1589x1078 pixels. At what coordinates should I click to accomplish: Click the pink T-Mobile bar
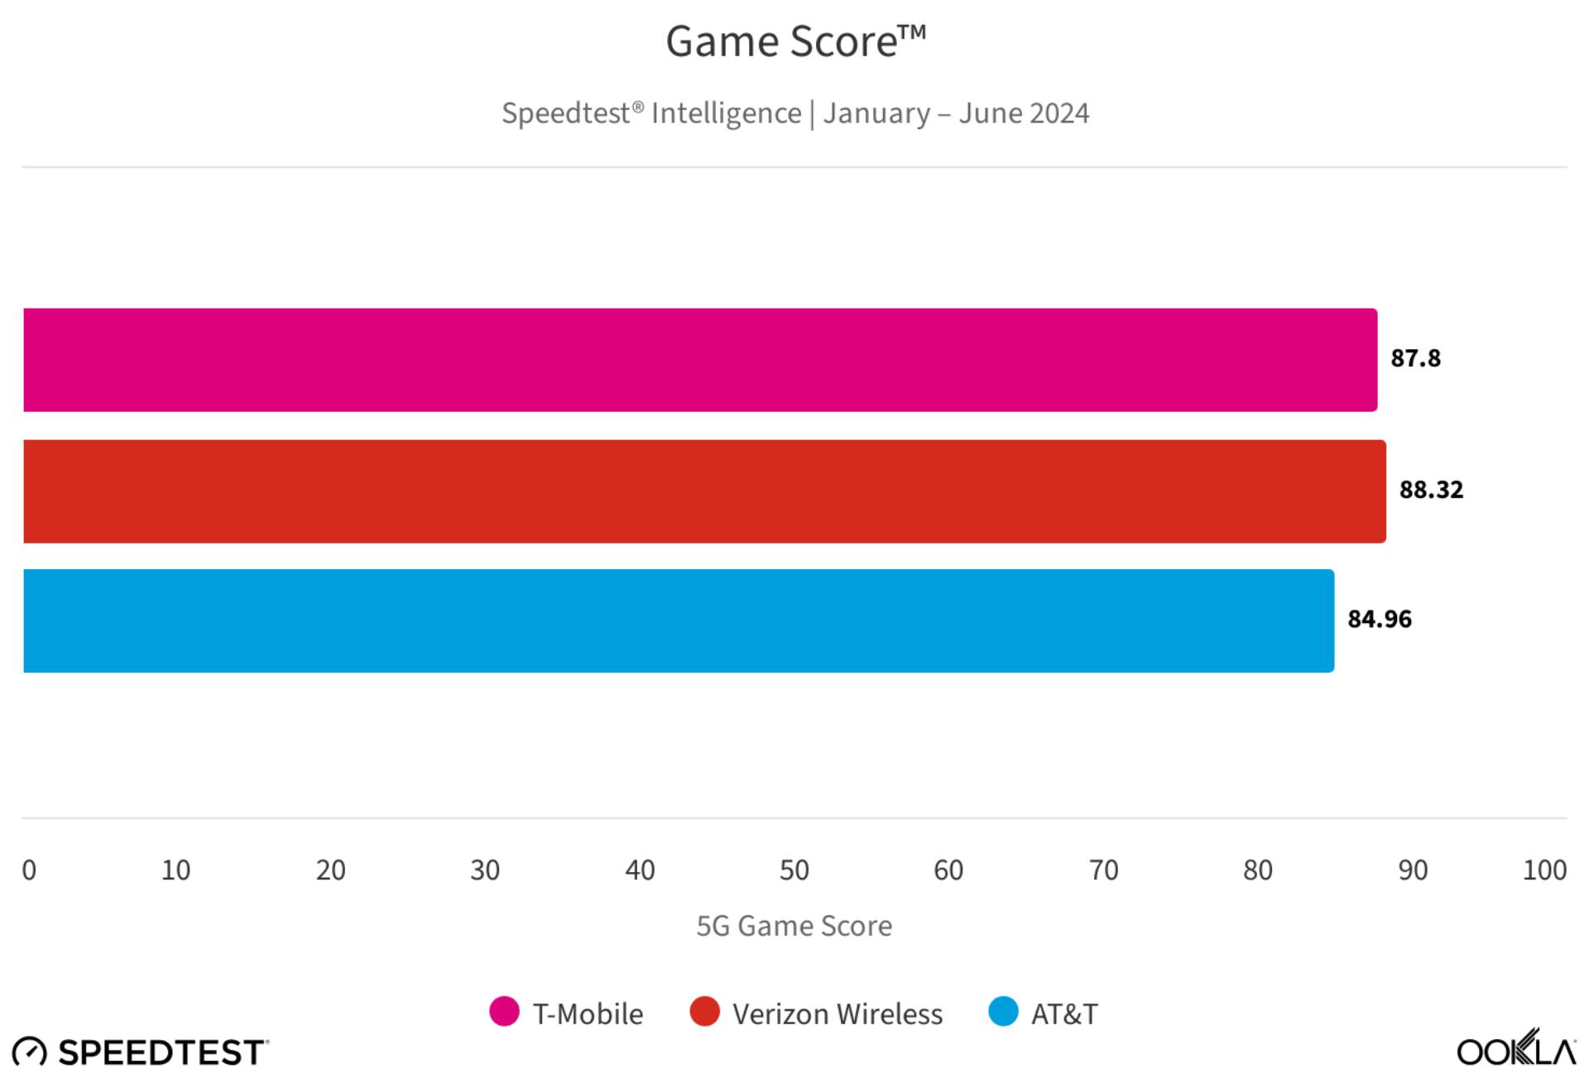[x=699, y=360]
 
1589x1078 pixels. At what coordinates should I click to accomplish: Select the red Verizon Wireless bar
[x=703, y=491]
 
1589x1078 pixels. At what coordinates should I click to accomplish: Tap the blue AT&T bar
[x=679, y=620]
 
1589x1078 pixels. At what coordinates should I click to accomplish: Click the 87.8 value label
[x=1415, y=358]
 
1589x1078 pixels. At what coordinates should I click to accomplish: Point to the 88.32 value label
[x=1431, y=490]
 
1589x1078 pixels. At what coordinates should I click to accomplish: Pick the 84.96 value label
[x=1380, y=619]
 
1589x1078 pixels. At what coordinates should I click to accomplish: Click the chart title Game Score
[x=794, y=41]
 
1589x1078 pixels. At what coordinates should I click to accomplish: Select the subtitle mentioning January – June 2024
[x=794, y=113]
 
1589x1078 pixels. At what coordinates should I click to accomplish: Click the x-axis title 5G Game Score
[x=794, y=926]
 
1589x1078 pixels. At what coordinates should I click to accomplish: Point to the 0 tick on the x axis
[x=29, y=870]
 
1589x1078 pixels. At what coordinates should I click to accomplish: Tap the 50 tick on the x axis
[x=794, y=870]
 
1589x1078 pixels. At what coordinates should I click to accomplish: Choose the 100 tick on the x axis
[x=1544, y=870]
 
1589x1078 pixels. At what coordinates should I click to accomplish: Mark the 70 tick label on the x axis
[x=1103, y=870]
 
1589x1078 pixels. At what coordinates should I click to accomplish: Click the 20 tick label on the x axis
[x=330, y=870]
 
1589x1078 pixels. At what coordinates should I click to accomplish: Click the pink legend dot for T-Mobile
[x=504, y=1012]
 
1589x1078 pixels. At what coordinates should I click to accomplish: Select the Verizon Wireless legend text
[x=837, y=1014]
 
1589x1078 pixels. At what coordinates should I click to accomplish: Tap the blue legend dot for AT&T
[x=1003, y=1012]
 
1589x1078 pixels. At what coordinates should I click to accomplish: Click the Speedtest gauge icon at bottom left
[x=30, y=1052]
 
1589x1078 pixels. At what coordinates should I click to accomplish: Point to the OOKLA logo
[x=1516, y=1050]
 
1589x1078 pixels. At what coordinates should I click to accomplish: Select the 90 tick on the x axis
[x=1413, y=870]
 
